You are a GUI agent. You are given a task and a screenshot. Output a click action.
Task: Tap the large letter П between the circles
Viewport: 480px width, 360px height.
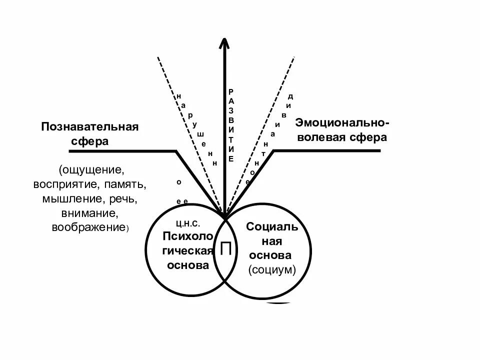tap(225, 248)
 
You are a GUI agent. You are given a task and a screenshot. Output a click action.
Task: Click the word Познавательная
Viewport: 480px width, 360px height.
tap(89, 126)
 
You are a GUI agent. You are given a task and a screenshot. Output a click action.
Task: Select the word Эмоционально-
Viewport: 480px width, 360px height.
tap(342, 122)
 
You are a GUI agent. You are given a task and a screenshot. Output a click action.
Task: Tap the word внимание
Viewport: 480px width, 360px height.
tap(89, 213)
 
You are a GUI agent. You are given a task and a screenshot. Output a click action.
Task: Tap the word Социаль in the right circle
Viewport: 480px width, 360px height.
tap(272, 227)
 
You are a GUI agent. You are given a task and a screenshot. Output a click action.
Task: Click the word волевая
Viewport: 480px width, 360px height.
tap(320, 137)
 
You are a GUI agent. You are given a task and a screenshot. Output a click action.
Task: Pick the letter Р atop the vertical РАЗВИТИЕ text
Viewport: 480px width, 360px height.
tap(230, 91)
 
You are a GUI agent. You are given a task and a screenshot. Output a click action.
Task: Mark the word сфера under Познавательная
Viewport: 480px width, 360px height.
tap(89, 141)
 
